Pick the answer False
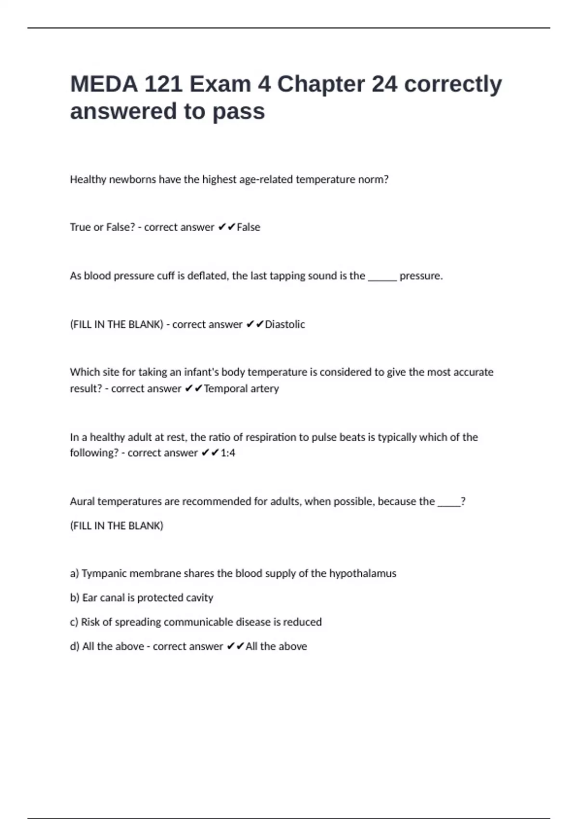(x=249, y=227)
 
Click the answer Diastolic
(x=285, y=325)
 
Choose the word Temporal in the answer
(x=223, y=389)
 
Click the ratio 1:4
(x=228, y=453)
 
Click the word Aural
(x=82, y=502)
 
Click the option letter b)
(x=75, y=598)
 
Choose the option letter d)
(x=75, y=647)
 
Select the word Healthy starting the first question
(x=88, y=180)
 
